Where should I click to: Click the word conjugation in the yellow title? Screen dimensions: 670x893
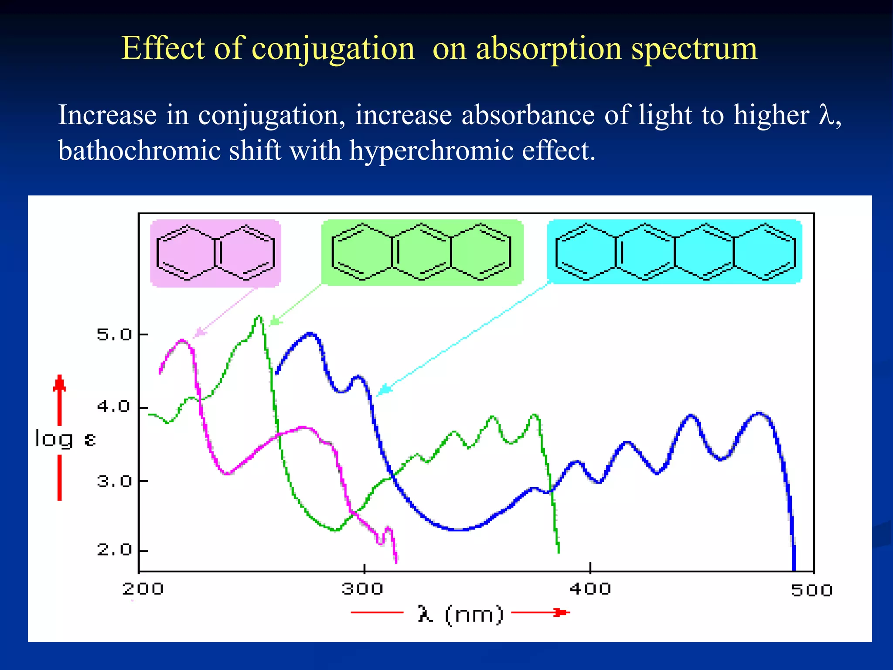click(x=333, y=49)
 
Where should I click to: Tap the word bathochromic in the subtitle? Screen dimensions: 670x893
click(x=140, y=151)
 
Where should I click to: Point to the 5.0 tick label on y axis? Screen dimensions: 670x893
click(x=114, y=335)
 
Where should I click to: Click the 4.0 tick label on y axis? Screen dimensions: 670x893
click(x=114, y=407)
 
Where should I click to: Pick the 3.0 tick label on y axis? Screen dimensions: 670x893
click(x=114, y=482)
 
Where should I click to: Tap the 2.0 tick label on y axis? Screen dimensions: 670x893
click(x=114, y=550)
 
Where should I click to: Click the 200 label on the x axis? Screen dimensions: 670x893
click(x=143, y=589)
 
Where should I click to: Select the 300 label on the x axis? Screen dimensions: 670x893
click(x=362, y=589)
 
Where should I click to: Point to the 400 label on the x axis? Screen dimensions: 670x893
click(x=590, y=589)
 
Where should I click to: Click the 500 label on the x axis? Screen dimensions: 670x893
click(x=811, y=590)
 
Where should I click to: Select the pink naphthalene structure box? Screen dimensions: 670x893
click(x=215, y=253)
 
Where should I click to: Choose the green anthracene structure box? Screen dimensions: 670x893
click(x=422, y=253)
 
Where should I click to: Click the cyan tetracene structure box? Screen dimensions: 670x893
click(x=674, y=252)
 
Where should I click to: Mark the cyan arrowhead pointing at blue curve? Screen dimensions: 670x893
click(x=384, y=390)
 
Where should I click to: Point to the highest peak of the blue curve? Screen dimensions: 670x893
click(x=310, y=334)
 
